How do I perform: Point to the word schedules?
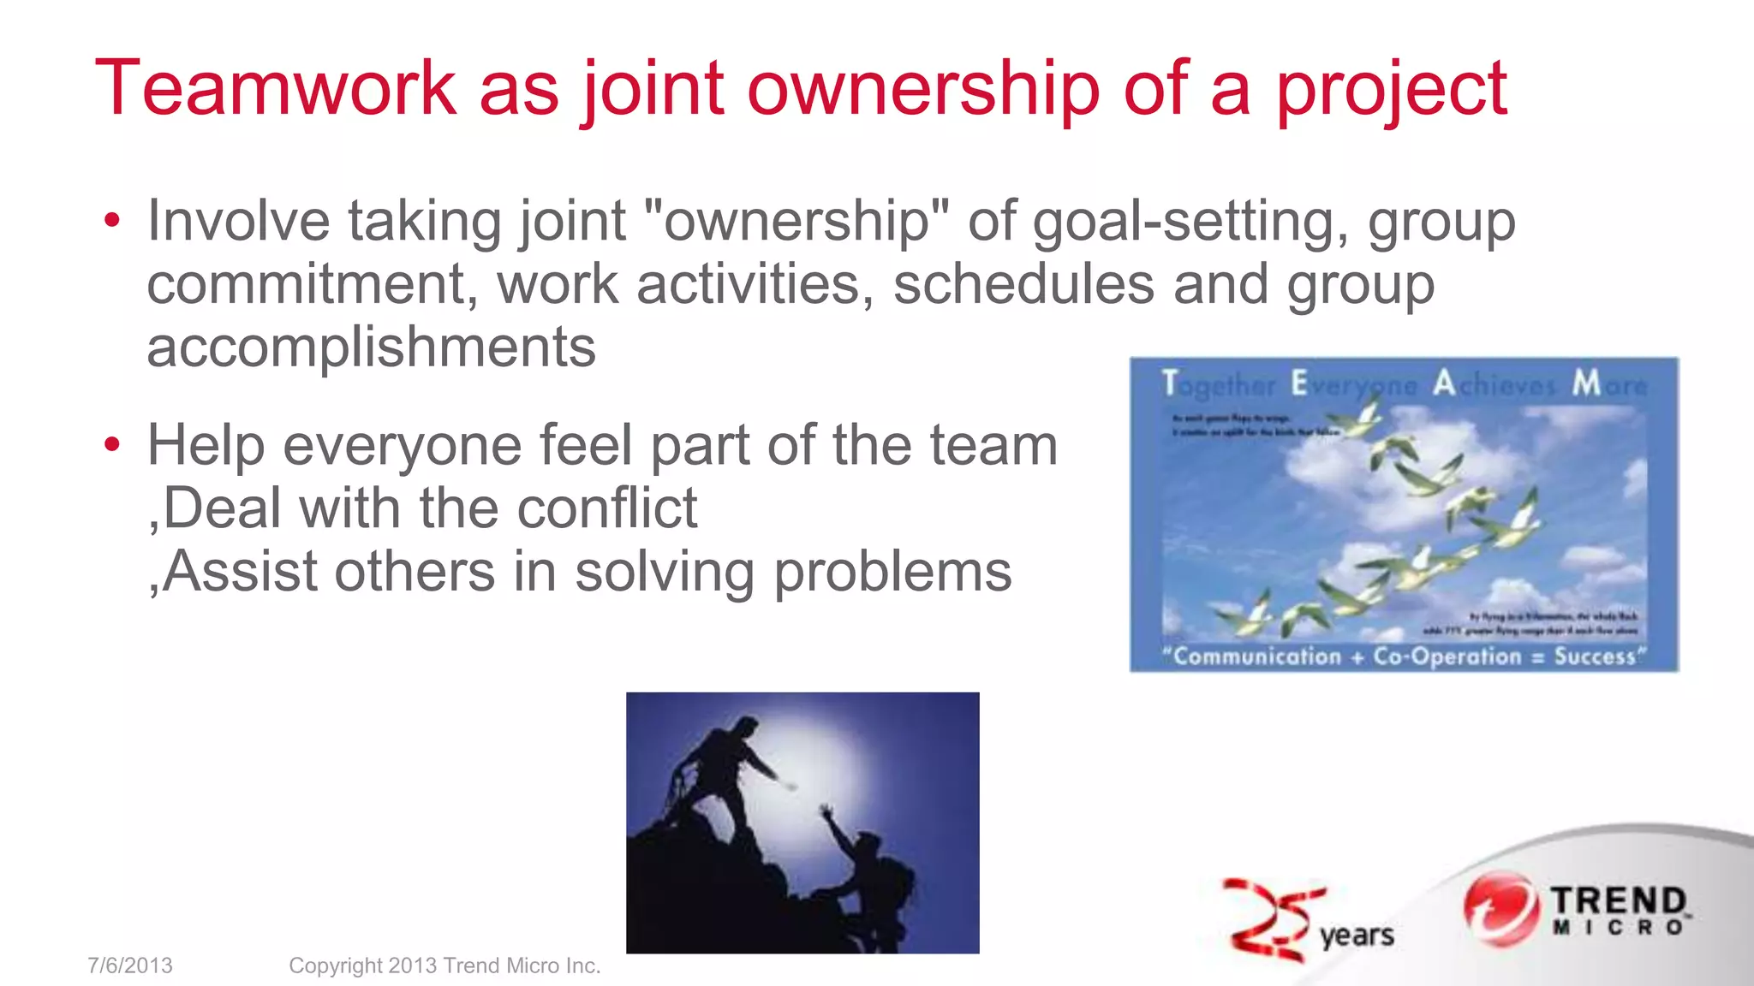pos(1023,284)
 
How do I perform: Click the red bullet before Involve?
pos(112,222)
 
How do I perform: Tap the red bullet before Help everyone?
pos(112,445)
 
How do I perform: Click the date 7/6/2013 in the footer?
pos(130,965)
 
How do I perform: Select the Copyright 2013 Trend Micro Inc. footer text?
pos(444,965)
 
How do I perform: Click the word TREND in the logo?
pos(1618,900)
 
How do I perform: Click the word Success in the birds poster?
pos(1595,656)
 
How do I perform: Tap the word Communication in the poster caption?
pos(1256,656)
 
